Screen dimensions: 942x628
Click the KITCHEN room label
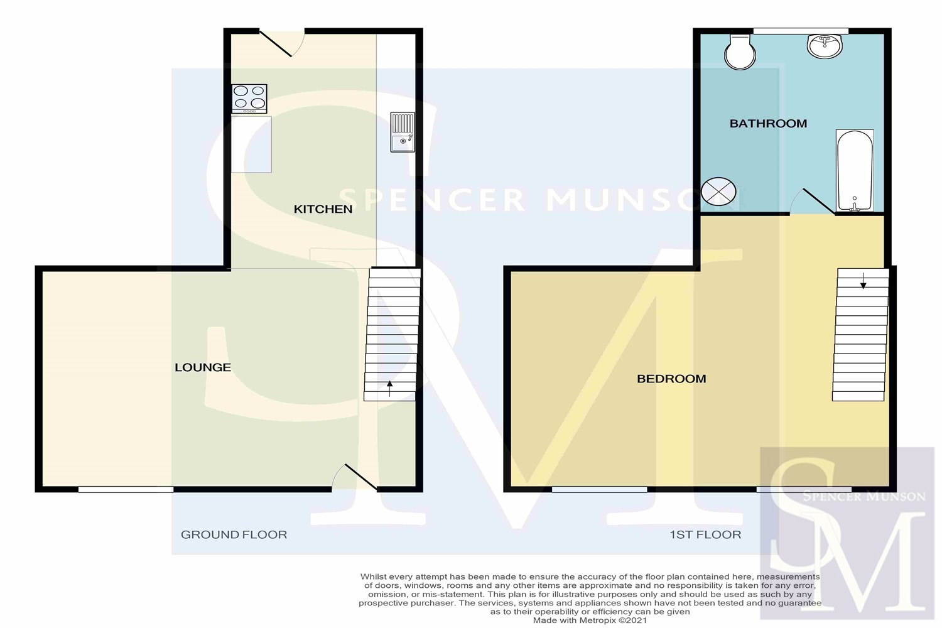(323, 209)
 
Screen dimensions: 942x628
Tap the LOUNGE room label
(203, 367)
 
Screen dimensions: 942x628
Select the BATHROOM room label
(768, 123)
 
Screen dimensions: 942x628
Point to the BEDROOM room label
(671, 379)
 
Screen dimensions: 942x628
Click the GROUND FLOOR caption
(234, 534)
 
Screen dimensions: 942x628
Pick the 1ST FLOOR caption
(705, 534)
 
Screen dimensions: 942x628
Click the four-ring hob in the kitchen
(249, 99)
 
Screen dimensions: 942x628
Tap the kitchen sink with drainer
(403, 132)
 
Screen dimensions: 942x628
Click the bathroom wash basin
(825, 46)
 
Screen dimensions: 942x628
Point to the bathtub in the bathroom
(855, 170)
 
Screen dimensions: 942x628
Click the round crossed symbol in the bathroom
(718, 192)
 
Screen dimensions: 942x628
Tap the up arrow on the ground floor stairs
(390, 388)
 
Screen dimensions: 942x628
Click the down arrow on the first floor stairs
(863, 281)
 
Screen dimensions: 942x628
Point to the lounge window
(126, 489)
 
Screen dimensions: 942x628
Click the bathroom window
(801, 31)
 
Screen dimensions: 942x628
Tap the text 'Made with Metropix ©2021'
(590, 620)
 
